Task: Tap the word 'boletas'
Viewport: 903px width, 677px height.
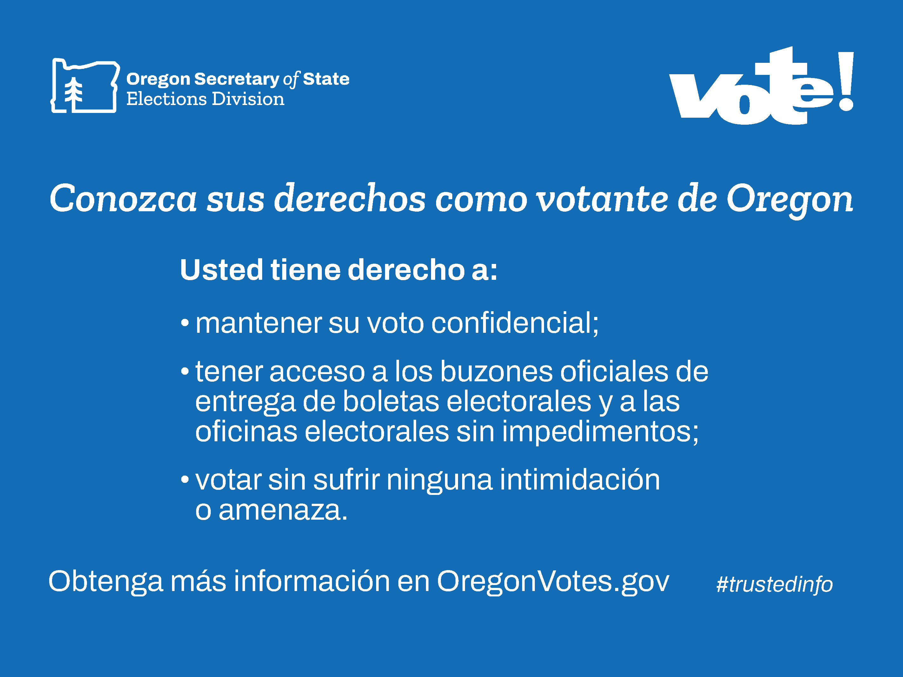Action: point(391,402)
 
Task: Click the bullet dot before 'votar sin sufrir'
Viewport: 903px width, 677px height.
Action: point(185,479)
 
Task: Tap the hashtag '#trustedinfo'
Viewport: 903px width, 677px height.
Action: point(774,584)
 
